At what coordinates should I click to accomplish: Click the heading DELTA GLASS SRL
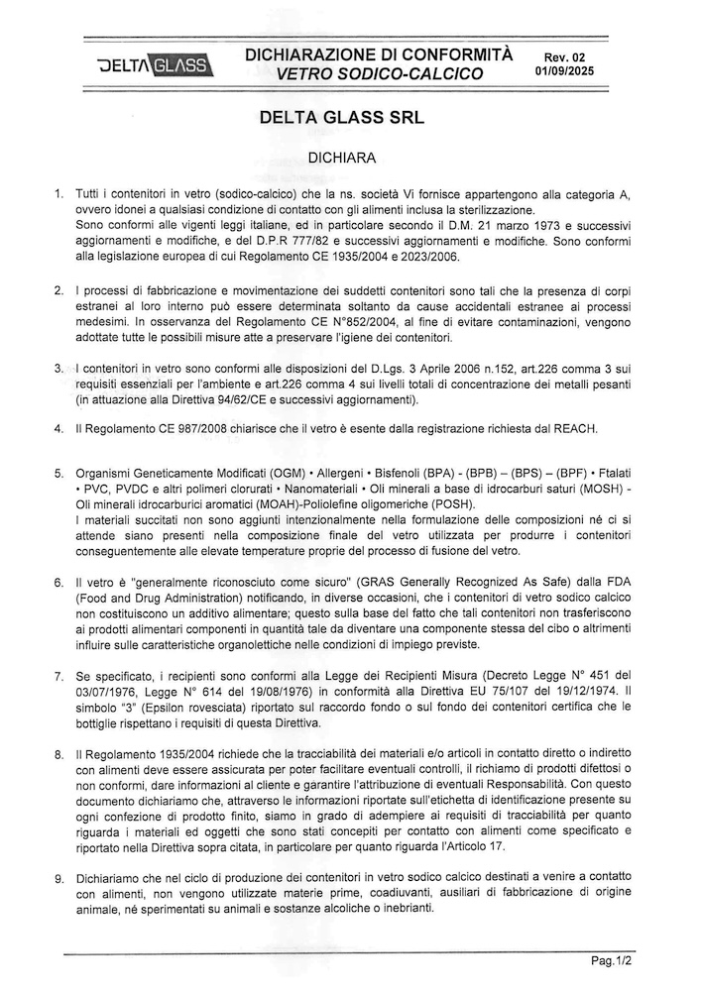(340, 117)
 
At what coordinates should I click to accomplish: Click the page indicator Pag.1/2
(611, 960)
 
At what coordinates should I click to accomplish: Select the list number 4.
(59, 428)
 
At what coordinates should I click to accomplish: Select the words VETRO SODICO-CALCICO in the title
(380, 73)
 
